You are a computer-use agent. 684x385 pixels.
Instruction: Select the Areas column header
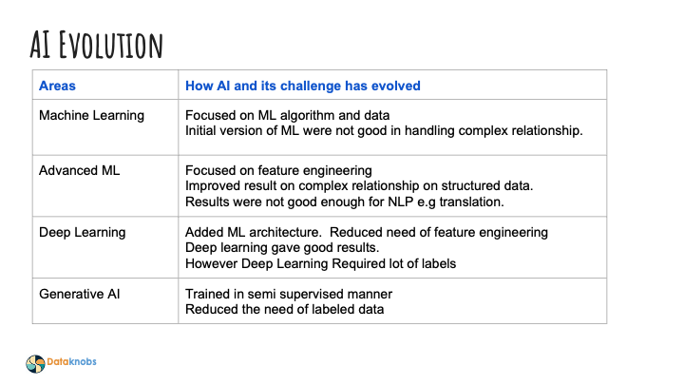(x=58, y=86)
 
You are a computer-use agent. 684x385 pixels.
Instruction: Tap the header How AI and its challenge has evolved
(x=302, y=86)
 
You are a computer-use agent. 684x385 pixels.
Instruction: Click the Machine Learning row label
(x=91, y=115)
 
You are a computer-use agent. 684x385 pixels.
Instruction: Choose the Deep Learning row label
(x=83, y=232)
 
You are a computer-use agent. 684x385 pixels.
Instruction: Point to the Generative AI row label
(x=80, y=294)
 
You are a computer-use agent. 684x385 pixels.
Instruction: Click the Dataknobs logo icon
(x=35, y=362)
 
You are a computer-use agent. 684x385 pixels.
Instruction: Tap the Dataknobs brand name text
(x=72, y=362)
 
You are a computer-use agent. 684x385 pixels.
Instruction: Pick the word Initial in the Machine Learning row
(x=201, y=130)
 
